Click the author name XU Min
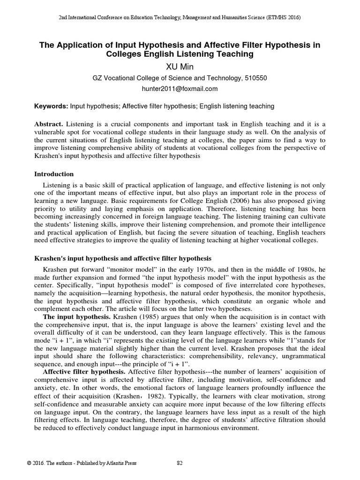(180, 66)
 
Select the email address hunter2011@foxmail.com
(180, 88)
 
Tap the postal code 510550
(255, 78)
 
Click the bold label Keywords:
(52, 106)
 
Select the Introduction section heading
(54, 174)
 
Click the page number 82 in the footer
(180, 463)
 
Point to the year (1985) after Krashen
(143, 317)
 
